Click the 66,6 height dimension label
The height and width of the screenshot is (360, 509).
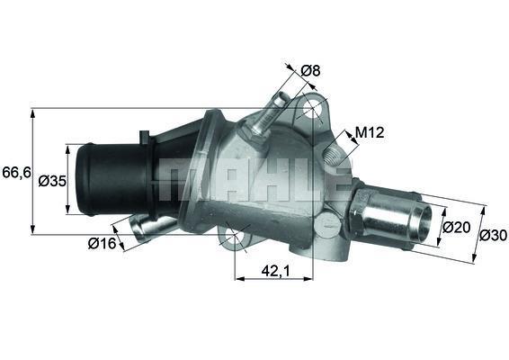[x=15, y=171]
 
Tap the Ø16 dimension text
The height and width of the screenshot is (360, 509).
[x=100, y=242]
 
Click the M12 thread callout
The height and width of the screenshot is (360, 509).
[x=370, y=132]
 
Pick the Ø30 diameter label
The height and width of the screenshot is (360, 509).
[x=492, y=236]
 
